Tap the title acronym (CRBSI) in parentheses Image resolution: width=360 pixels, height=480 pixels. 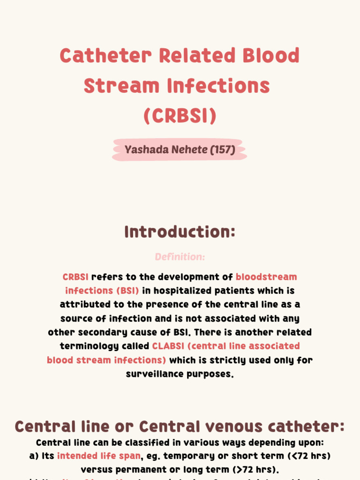180,116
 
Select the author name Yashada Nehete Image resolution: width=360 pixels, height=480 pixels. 166,150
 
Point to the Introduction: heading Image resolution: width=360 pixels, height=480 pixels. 180,232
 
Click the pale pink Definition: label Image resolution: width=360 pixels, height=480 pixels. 180,257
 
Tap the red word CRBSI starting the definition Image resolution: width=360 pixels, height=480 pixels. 75,277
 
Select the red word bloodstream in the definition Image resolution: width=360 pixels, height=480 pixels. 266,277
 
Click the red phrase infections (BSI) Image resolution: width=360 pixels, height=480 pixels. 102,291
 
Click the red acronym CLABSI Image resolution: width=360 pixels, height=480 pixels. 167,346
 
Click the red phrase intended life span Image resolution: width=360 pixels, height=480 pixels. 98,456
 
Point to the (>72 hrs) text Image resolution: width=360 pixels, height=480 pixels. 256,470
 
